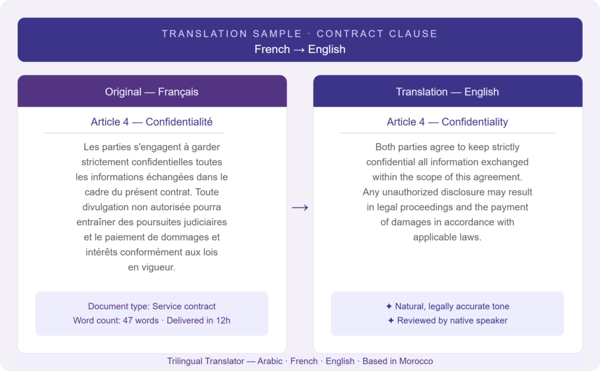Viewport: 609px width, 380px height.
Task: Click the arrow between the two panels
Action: click(x=300, y=208)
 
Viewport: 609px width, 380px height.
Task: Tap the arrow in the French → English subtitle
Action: click(x=299, y=50)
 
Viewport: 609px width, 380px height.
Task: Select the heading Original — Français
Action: click(x=152, y=92)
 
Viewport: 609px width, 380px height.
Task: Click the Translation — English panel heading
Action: click(x=447, y=92)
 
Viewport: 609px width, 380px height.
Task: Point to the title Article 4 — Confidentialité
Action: click(x=152, y=122)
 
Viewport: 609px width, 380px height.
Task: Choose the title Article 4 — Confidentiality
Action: click(x=447, y=122)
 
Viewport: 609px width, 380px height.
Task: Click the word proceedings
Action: click(x=426, y=207)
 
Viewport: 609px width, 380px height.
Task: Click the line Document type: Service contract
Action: click(x=152, y=307)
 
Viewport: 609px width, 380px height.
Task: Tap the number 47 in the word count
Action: click(x=128, y=320)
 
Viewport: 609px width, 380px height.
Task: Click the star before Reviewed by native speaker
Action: click(x=391, y=320)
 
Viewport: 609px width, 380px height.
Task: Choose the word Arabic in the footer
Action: click(x=269, y=362)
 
